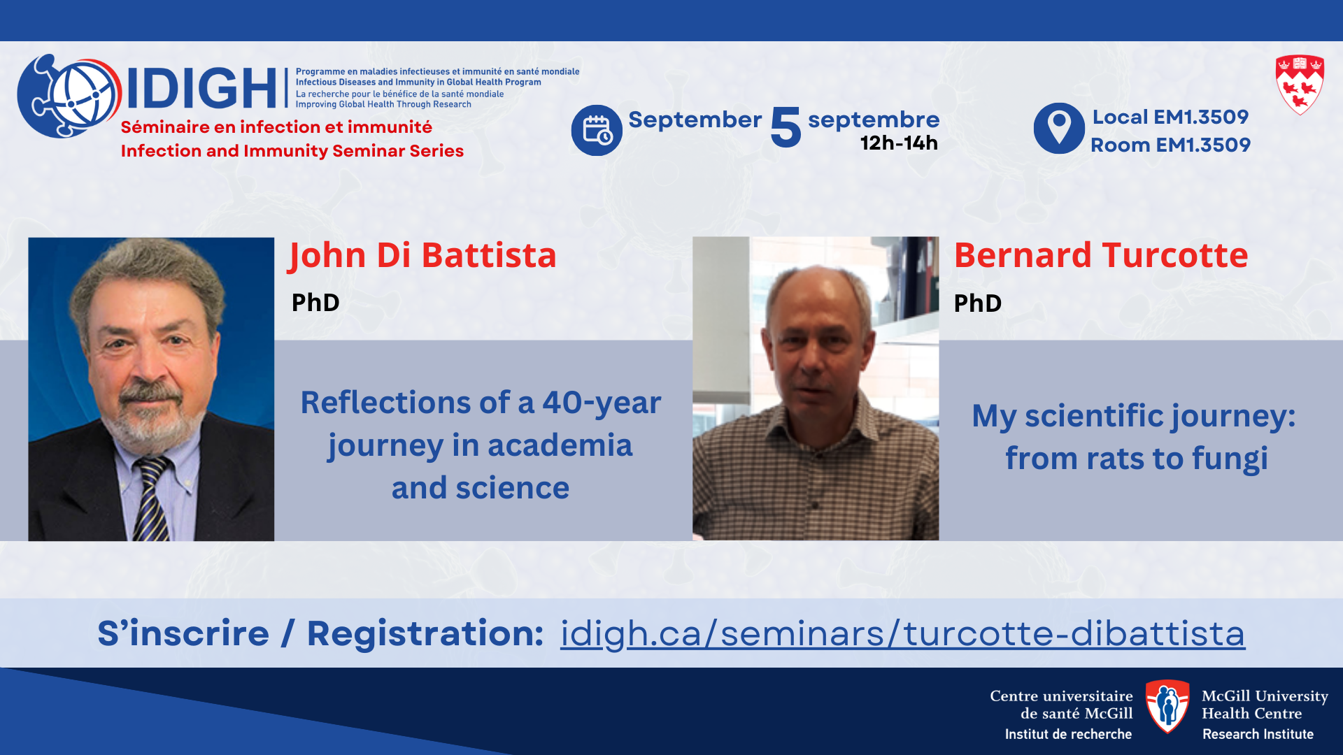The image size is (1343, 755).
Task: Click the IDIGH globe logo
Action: pyautogui.click(x=69, y=96)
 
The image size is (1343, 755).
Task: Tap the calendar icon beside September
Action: pyautogui.click(x=597, y=130)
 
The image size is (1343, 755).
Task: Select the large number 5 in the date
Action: pyautogui.click(x=786, y=127)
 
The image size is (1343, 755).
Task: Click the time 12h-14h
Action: pyautogui.click(x=899, y=143)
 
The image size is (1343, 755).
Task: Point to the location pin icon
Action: pyautogui.click(x=1059, y=128)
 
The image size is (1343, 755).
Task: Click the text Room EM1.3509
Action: pyautogui.click(x=1170, y=145)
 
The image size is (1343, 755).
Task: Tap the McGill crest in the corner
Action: pyautogui.click(x=1300, y=85)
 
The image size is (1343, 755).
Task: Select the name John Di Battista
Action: pyautogui.click(x=422, y=255)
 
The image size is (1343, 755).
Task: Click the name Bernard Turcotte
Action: pyautogui.click(x=1101, y=255)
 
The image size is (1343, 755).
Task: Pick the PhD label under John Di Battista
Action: pyautogui.click(x=315, y=303)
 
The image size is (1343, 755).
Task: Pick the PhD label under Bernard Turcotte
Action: pyautogui.click(x=978, y=303)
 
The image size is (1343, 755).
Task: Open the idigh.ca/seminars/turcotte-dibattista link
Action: pyautogui.click(x=902, y=633)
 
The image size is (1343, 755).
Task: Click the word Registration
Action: pyautogui.click(x=425, y=633)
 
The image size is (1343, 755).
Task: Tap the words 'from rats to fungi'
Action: pyautogui.click(x=1137, y=459)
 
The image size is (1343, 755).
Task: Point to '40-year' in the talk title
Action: pyautogui.click(x=602, y=403)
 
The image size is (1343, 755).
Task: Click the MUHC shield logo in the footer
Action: pyautogui.click(x=1167, y=706)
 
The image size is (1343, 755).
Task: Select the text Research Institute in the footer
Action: pyautogui.click(x=1258, y=734)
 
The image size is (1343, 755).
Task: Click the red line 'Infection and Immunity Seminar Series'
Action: pyautogui.click(x=292, y=151)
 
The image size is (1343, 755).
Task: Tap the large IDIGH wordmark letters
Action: pyautogui.click(x=201, y=89)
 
